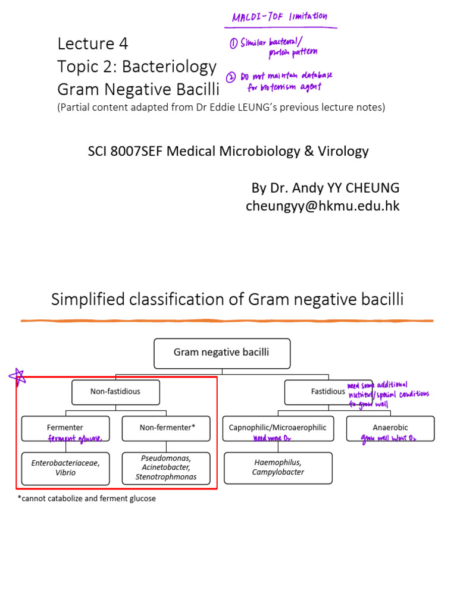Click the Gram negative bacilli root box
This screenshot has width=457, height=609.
point(221,353)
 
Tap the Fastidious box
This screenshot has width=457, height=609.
point(321,392)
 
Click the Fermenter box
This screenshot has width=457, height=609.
point(65,428)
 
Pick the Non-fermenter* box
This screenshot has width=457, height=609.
point(167,428)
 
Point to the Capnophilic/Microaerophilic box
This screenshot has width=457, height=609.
point(278,428)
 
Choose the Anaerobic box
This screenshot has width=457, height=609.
point(390,428)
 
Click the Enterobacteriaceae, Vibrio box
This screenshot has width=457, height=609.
point(65,468)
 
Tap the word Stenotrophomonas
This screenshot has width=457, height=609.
point(167,477)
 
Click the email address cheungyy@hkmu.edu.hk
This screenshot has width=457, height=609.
point(323,206)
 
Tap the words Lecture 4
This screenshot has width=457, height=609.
point(92,43)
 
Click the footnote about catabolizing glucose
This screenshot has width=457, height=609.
point(87,498)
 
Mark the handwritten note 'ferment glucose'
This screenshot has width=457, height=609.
point(76,439)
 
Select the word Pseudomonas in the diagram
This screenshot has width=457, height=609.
point(167,459)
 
